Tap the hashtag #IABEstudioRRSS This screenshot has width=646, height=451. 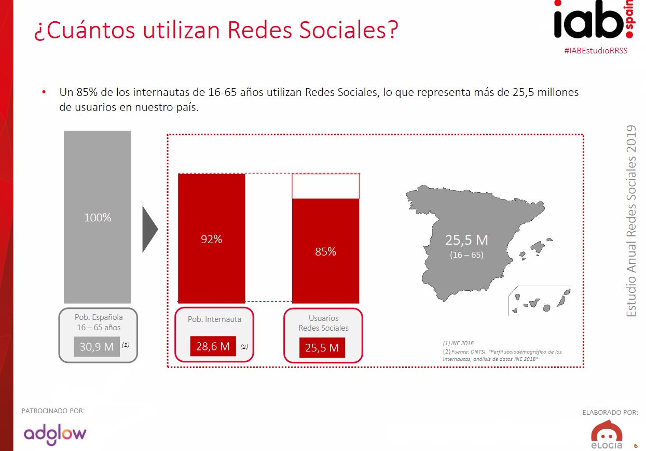point(595,51)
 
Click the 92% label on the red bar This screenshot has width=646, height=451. point(212,239)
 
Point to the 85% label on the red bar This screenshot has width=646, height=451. point(325,251)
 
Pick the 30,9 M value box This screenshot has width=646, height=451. point(97,346)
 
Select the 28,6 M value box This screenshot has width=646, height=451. point(213,346)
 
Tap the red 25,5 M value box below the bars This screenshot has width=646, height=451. point(322,347)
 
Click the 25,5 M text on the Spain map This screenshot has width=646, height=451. point(466,240)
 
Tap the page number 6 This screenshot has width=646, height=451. point(636,446)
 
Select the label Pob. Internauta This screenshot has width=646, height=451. point(214,319)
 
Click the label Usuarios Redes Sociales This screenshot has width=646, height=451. point(323,323)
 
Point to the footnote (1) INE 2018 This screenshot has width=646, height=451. point(458,343)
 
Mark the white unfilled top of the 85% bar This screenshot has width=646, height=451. point(325,186)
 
